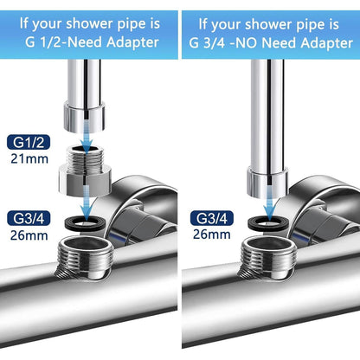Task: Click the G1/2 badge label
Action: coord(29,143)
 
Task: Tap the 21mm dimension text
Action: coord(29,159)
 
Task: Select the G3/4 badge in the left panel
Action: coord(29,219)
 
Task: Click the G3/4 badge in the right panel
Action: coord(212,218)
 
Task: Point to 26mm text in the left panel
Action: coord(29,235)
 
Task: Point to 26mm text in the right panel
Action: coord(212,235)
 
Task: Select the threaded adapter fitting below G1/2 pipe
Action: coord(85,171)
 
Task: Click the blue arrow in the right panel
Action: coord(269,205)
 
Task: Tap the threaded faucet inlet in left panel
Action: coord(83,258)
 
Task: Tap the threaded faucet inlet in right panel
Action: coord(267,258)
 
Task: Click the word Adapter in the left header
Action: coord(132,42)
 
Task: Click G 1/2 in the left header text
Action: coord(43,42)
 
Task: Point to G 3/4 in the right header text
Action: coord(208,43)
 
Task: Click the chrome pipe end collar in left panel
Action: coord(84,118)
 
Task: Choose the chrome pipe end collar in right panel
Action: coord(267,183)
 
